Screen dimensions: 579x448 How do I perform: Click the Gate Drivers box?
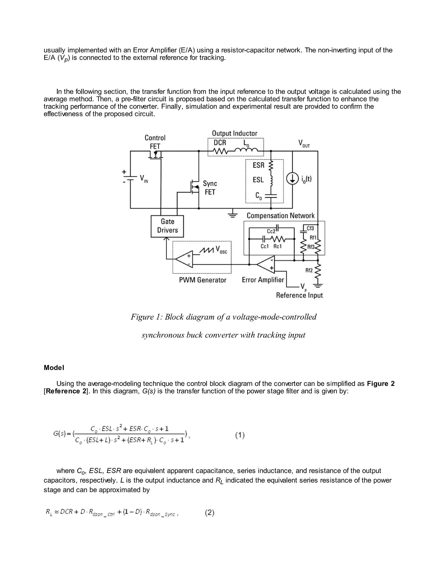[x=167, y=226]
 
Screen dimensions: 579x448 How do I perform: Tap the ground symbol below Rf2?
[x=318, y=286]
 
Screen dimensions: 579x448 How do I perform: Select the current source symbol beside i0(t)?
[x=292, y=179]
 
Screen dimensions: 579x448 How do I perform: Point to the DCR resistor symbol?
[x=220, y=151]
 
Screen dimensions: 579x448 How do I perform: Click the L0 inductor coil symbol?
[x=246, y=151]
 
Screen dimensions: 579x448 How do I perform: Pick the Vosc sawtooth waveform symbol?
[x=207, y=250]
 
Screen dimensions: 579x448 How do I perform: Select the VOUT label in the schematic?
[x=304, y=144]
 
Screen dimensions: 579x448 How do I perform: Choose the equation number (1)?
[x=240, y=435]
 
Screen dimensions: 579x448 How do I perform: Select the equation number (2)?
[x=209, y=513]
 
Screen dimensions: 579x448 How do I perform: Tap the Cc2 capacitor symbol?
[x=277, y=227]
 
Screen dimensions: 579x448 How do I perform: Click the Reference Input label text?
[x=299, y=295]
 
